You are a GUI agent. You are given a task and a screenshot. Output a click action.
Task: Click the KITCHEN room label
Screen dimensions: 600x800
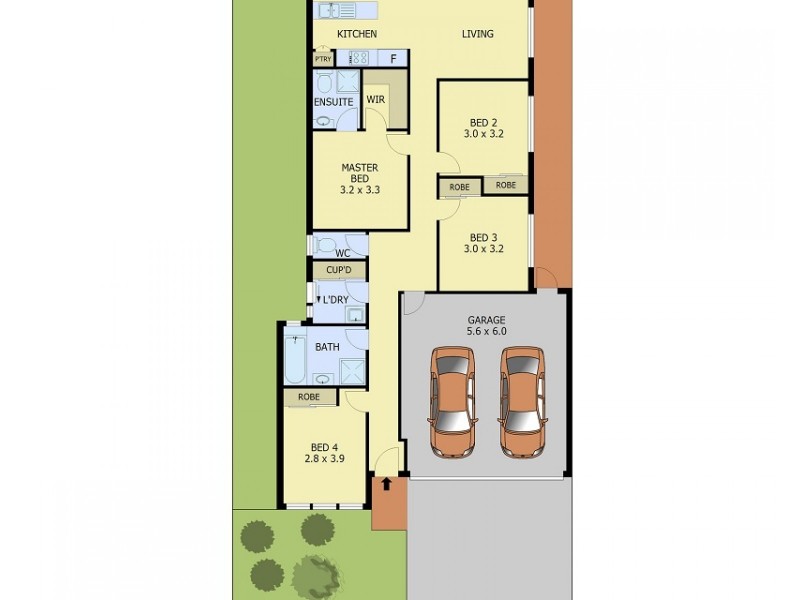coord(356,35)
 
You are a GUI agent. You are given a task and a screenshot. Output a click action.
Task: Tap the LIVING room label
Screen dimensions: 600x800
coord(477,35)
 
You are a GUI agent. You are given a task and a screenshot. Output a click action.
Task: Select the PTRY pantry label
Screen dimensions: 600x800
coord(322,59)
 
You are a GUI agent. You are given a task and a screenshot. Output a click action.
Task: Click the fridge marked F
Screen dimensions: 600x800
coord(393,58)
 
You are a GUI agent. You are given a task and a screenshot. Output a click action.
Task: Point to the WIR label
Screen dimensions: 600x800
coord(376,100)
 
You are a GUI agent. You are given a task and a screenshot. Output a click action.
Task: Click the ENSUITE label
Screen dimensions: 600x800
coord(332,102)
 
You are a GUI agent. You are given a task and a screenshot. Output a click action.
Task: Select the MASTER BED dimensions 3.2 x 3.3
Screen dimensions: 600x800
coord(360,189)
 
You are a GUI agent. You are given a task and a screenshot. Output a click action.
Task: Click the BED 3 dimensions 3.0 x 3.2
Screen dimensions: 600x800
coord(483,249)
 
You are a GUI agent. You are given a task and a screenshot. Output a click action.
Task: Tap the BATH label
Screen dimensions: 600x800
coord(327,347)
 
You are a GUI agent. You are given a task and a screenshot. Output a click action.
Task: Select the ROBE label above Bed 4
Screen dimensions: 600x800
coord(308,398)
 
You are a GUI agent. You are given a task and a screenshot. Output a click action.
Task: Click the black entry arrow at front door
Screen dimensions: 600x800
coord(386,484)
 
